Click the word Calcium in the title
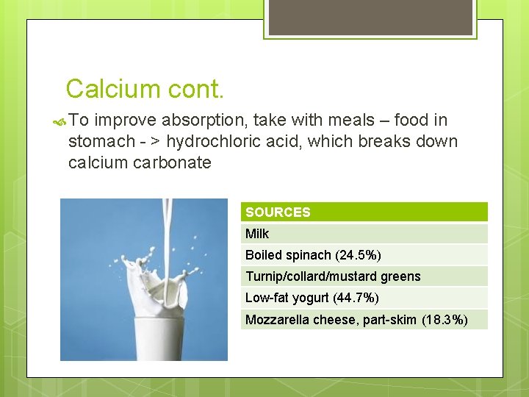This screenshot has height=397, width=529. [112, 89]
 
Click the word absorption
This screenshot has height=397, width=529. [195, 121]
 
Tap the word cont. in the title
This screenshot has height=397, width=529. [195, 89]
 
